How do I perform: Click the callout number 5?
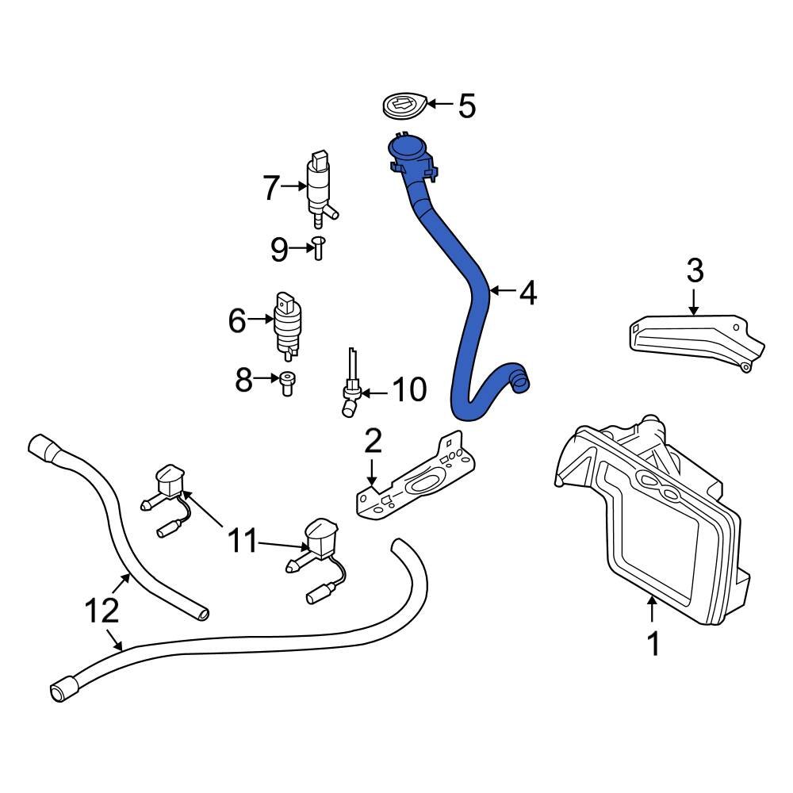coord(466,105)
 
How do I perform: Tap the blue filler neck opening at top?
coord(408,147)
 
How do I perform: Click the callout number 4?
coord(528,293)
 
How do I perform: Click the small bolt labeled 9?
coord(319,248)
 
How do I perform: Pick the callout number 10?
coord(409,389)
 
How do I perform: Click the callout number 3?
coord(695,272)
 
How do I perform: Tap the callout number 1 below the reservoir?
coord(653,644)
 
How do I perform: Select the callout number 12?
coord(102,611)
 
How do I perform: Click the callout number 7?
coord(271,188)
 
